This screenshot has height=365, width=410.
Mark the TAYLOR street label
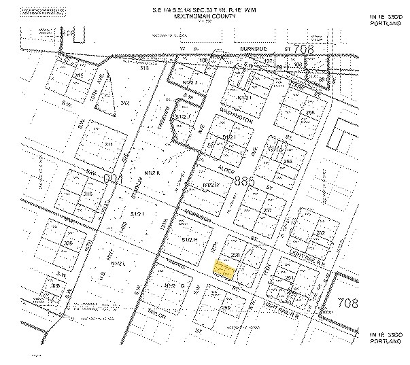point(158,315)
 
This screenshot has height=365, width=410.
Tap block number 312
point(124,103)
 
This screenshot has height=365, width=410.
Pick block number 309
point(67,243)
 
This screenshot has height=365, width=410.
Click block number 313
point(143,67)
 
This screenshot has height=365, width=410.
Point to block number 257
point(267,211)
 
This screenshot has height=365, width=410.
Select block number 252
point(320,232)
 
